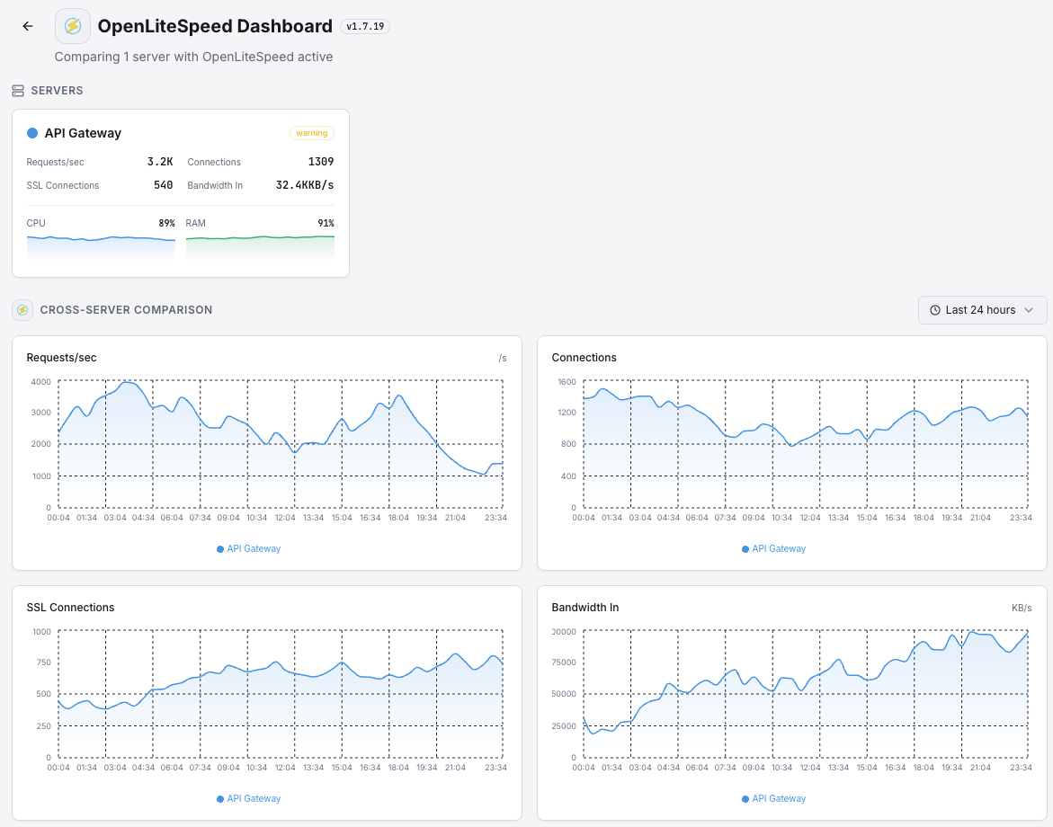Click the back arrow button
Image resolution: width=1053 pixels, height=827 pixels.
[28, 26]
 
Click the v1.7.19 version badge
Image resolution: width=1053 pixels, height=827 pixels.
[365, 27]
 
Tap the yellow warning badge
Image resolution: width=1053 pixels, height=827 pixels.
[312, 133]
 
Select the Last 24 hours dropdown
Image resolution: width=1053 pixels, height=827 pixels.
[982, 310]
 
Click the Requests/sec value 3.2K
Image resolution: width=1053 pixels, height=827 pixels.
[160, 162]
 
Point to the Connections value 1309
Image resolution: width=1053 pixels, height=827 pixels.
[320, 162]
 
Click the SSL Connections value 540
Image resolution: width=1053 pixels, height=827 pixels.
[163, 185]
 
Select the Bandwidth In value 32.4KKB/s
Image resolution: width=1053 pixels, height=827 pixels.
[305, 185]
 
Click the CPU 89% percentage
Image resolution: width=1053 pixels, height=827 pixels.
[166, 223]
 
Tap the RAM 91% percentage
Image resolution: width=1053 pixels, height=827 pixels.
[326, 223]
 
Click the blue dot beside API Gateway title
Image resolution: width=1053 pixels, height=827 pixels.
[32, 133]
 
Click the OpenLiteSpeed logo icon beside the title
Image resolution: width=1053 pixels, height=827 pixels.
[73, 26]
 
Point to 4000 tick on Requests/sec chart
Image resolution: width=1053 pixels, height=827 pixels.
[40, 381]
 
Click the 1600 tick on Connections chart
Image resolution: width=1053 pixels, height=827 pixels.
[566, 381]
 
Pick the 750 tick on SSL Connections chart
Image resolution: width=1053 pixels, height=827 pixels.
[42, 662]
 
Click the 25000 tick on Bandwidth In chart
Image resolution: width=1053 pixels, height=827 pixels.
[563, 725]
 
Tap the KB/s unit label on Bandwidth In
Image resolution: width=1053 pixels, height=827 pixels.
[1022, 609]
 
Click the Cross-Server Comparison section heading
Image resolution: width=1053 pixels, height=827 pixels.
[126, 310]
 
